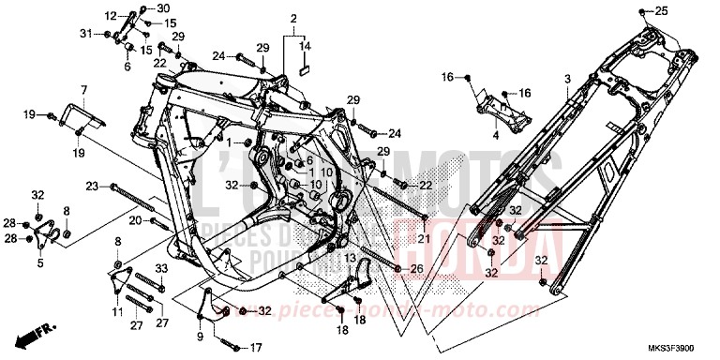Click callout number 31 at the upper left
click(86, 34)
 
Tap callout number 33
click(160, 269)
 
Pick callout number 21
click(423, 240)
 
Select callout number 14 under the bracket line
click(304, 44)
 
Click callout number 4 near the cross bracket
click(497, 135)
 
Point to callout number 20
click(135, 220)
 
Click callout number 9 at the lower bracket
click(200, 335)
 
